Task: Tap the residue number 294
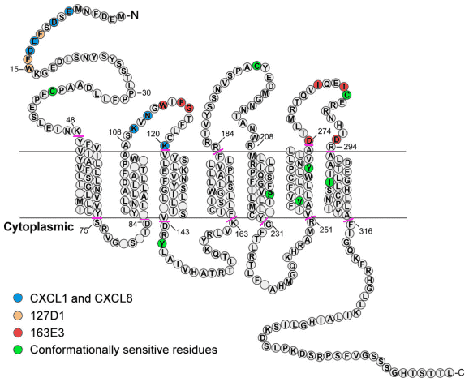[x=352, y=147]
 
